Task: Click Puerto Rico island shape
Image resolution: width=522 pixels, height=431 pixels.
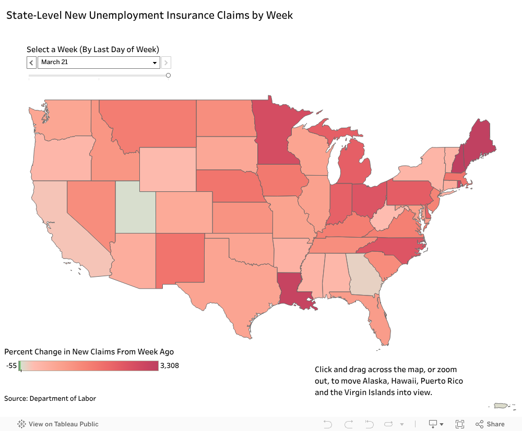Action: (501, 405)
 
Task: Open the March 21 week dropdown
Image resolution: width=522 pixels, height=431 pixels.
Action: (98, 63)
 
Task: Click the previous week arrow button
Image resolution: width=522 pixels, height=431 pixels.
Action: (31, 63)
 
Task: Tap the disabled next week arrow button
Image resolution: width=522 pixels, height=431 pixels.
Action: (166, 63)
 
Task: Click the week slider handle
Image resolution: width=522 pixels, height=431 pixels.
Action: (168, 75)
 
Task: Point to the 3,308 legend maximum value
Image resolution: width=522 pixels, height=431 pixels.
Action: (169, 365)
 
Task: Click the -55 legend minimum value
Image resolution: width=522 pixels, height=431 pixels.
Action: (11, 365)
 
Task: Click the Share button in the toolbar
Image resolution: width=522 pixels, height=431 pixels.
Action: (490, 424)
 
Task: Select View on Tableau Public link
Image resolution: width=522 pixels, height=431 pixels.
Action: (58, 424)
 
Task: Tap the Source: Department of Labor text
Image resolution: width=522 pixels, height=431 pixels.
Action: (50, 399)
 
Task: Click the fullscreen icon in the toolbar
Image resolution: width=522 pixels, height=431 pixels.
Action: (460, 424)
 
